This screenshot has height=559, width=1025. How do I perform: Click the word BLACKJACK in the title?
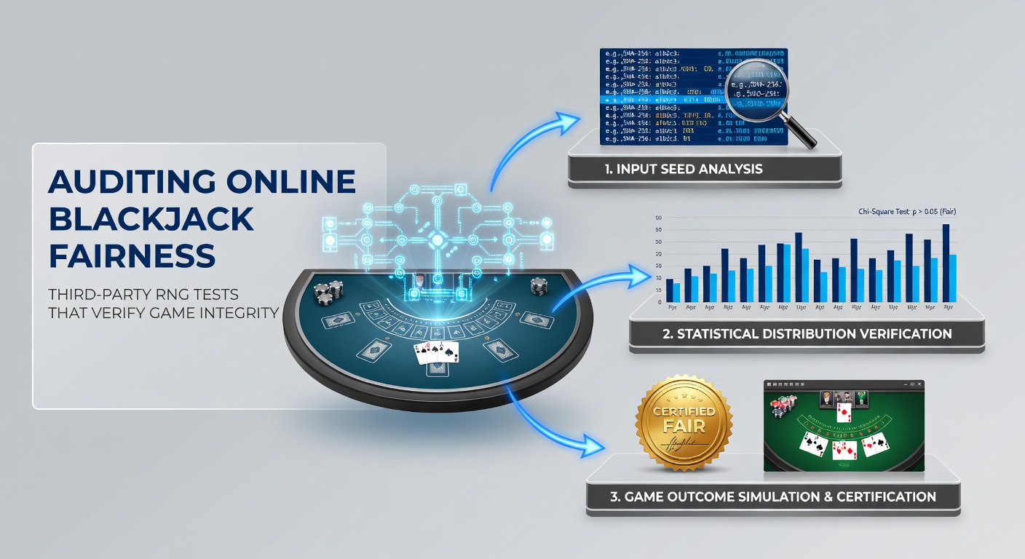click(x=151, y=218)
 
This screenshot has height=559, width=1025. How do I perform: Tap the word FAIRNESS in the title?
click(x=132, y=255)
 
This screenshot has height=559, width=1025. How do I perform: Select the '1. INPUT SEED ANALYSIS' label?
click(x=683, y=170)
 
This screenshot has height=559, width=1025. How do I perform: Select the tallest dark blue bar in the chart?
click(x=946, y=263)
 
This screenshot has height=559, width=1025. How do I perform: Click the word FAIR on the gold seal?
click(x=684, y=427)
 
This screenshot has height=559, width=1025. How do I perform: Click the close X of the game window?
click(x=919, y=384)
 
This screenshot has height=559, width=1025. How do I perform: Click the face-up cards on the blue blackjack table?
click(x=437, y=353)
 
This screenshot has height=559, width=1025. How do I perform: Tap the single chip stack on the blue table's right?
click(x=538, y=285)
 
